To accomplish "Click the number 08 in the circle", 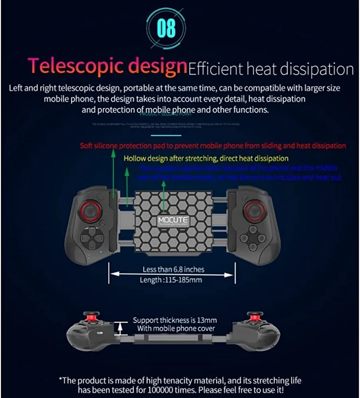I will click(166, 27).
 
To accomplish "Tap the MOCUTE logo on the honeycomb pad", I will click(172, 221).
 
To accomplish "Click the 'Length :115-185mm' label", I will click(170, 280).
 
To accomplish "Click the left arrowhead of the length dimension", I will click(113, 274).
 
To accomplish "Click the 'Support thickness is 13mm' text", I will click(175, 320).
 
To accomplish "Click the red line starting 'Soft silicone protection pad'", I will click(213, 146).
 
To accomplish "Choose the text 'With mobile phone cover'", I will click(176, 329).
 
